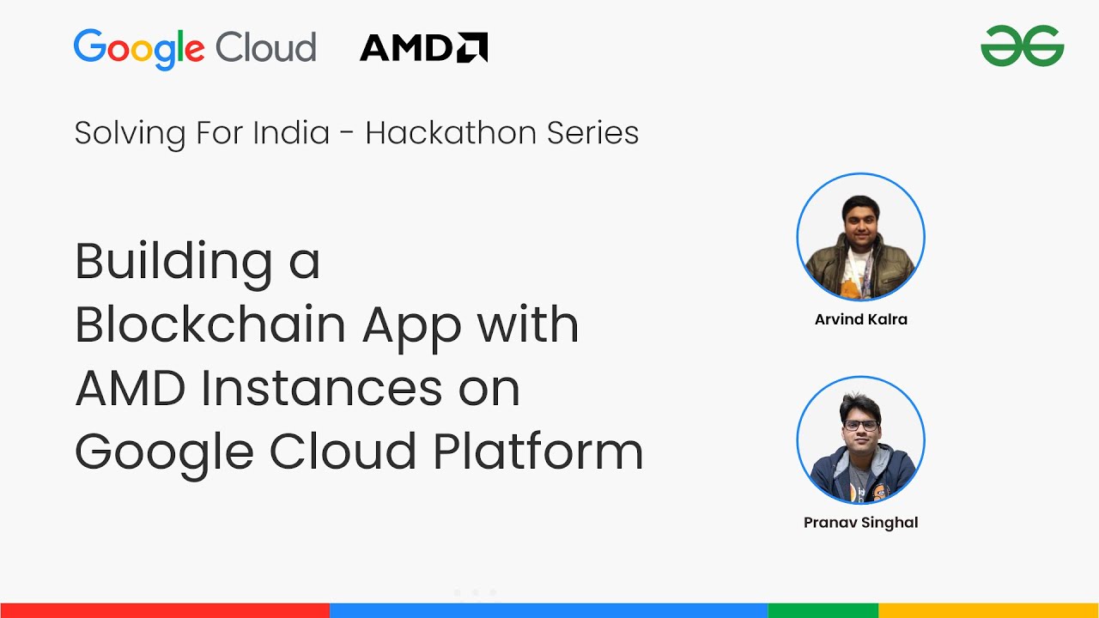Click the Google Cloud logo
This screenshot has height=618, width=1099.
(195, 49)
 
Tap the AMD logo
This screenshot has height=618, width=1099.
(424, 47)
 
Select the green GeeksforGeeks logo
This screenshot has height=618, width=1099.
(1023, 45)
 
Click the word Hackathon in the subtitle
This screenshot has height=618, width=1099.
(451, 133)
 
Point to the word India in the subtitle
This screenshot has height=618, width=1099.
(291, 133)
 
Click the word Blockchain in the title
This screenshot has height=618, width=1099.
(210, 324)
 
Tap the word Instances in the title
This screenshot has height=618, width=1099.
(321, 388)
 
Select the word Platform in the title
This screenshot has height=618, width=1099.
(538, 451)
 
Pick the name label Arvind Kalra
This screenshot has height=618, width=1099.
(861, 319)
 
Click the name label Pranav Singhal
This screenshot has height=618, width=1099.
(861, 523)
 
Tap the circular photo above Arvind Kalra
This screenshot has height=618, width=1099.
(861, 237)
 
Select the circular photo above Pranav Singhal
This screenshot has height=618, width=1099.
(861, 440)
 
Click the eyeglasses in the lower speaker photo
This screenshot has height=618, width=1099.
(861, 426)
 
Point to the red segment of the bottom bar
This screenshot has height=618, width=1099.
(165, 610)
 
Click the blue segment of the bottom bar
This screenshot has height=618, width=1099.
(549, 610)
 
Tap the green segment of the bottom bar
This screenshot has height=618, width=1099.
(823, 610)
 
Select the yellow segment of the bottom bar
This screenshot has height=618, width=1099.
(988, 610)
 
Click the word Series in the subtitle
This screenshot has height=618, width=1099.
(592, 133)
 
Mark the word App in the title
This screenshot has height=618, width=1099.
(411, 329)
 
